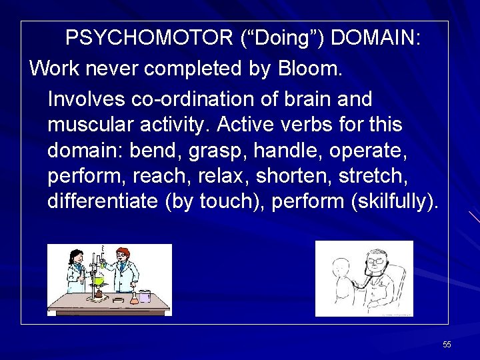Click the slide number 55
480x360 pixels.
[447, 345]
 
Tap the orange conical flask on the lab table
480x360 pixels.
[134, 297]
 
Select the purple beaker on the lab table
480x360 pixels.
[145, 296]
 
